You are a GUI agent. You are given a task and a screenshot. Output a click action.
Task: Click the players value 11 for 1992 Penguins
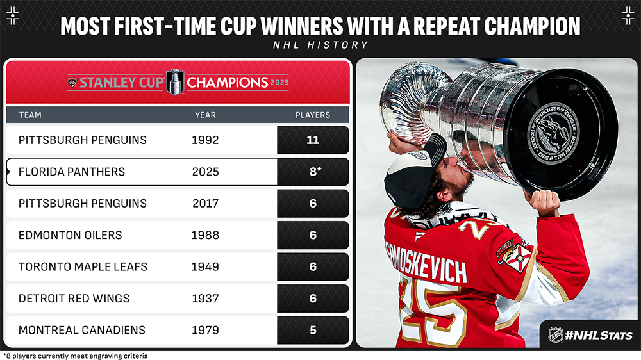click(x=313, y=140)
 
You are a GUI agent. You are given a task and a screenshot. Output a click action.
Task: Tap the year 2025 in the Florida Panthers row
click(x=205, y=172)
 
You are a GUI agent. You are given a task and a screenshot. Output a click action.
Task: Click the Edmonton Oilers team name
click(x=71, y=235)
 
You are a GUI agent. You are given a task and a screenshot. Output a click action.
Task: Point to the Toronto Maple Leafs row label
click(x=83, y=267)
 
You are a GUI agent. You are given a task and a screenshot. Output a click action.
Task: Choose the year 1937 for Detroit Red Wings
click(x=205, y=299)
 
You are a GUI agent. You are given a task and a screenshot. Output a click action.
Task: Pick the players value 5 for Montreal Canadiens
click(x=313, y=330)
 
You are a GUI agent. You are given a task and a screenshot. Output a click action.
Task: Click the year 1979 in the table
click(x=205, y=330)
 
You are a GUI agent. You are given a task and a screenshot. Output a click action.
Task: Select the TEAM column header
click(x=30, y=115)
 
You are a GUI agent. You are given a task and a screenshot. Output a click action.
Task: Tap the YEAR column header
click(x=205, y=115)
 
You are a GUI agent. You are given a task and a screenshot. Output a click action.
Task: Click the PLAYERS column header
click(x=313, y=115)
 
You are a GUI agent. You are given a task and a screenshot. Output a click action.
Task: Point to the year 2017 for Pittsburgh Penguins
click(x=205, y=204)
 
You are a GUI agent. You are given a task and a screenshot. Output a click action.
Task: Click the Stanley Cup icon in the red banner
click(x=176, y=82)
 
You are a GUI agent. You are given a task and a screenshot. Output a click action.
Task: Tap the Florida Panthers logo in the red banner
click(x=72, y=83)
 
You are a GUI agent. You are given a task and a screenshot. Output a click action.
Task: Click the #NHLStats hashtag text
click(x=599, y=336)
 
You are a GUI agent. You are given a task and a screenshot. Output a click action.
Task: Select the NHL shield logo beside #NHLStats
click(x=555, y=335)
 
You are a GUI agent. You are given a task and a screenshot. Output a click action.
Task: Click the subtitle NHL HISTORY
click(x=320, y=45)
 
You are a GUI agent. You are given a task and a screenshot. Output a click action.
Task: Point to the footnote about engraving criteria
click(x=76, y=356)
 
